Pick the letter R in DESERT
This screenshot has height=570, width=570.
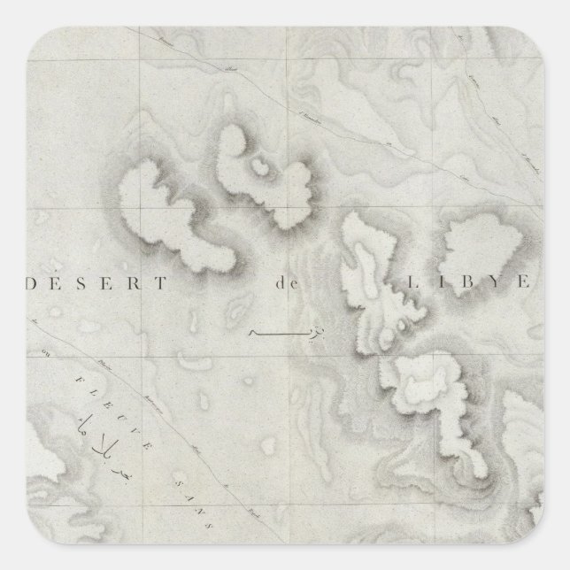(141, 285)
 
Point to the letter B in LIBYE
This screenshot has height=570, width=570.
(461, 284)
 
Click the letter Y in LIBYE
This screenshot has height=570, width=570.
(492, 284)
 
